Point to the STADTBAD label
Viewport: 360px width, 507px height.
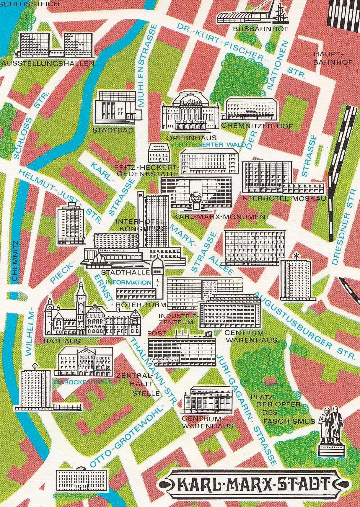click(x=109, y=130)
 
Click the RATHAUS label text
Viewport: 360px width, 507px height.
click(x=62, y=341)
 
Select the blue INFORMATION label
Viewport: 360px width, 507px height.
click(x=128, y=282)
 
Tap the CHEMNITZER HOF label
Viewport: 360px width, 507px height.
click(x=257, y=126)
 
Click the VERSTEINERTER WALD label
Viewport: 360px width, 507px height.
click(x=208, y=145)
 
